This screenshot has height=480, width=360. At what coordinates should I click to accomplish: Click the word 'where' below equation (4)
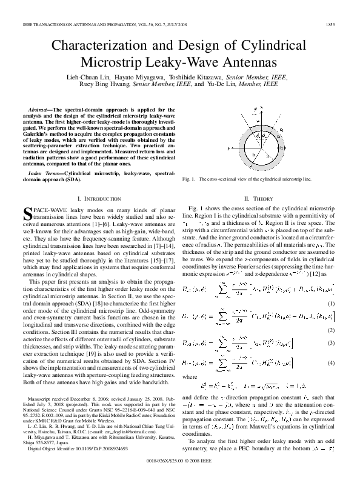coord(190,376)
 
